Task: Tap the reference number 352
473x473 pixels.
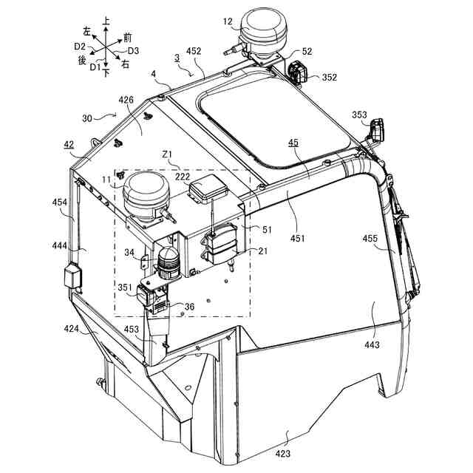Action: tap(329, 77)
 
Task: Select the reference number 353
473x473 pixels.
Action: tap(359, 115)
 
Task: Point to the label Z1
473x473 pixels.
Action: tap(167, 155)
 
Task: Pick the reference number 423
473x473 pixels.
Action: tap(284, 454)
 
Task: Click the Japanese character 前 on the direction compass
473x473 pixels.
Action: tap(129, 37)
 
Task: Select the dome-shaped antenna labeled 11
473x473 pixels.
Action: tap(145, 194)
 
